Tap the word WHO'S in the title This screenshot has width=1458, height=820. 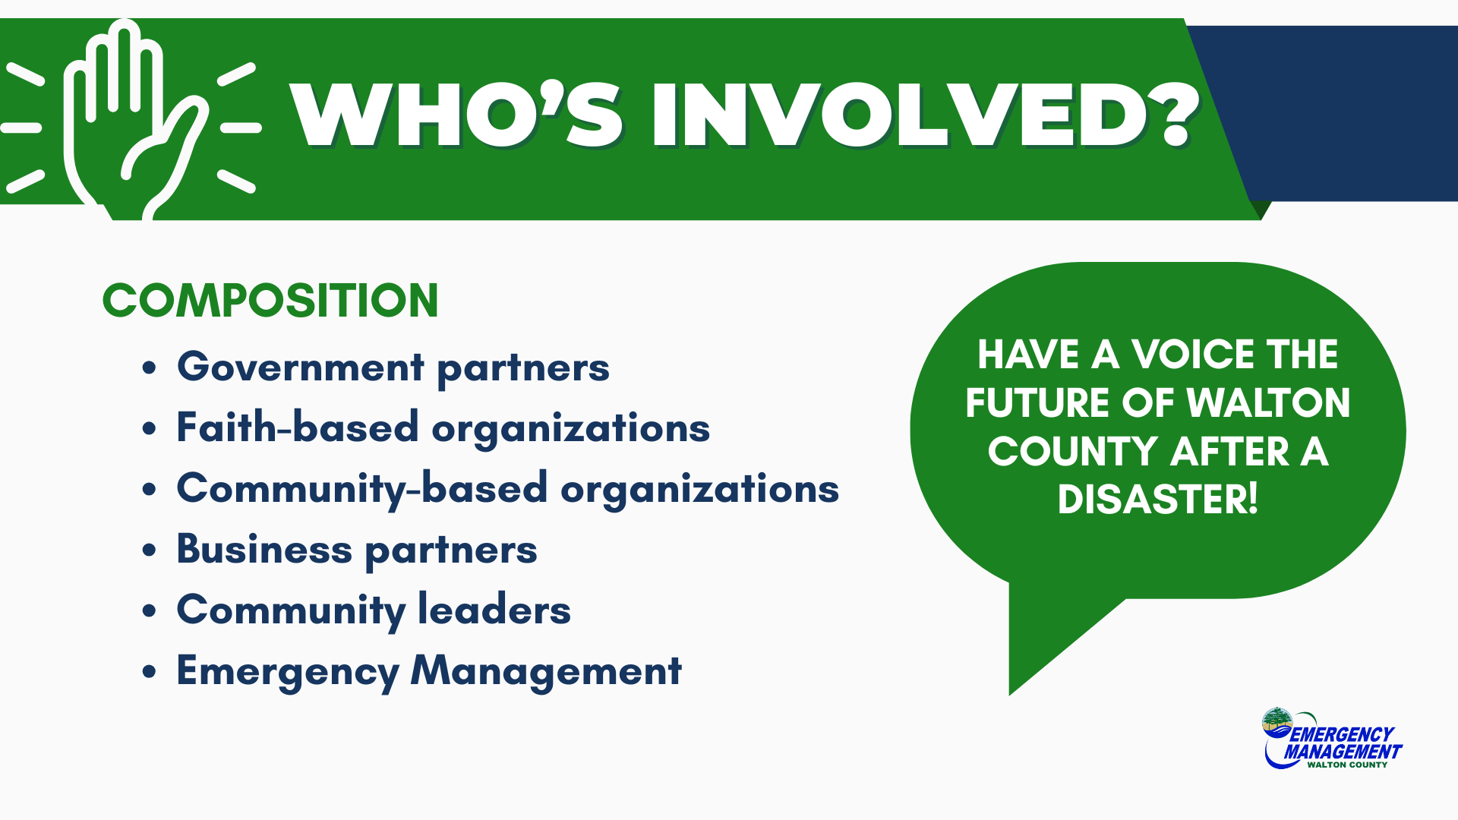(x=456, y=115)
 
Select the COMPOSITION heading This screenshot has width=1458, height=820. (x=270, y=300)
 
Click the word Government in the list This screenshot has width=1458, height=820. (x=301, y=367)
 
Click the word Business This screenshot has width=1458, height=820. (x=264, y=548)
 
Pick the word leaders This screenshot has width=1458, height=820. (x=494, y=609)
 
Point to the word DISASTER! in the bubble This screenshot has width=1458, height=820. (x=1158, y=500)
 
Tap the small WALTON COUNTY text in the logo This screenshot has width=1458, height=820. (x=1347, y=765)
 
